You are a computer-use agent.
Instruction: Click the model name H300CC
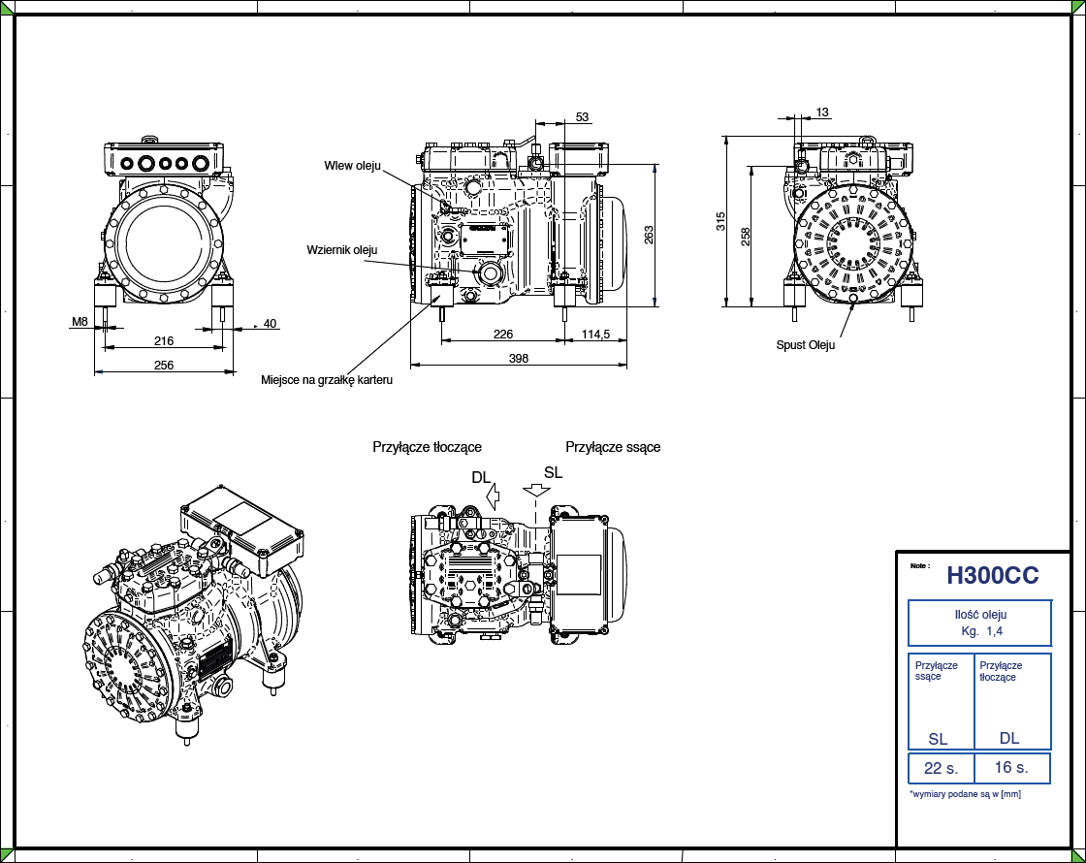click(992, 576)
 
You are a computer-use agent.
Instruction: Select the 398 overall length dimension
click(519, 358)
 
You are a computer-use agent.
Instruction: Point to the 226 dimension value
click(503, 334)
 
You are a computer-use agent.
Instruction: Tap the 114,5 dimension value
click(594, 334)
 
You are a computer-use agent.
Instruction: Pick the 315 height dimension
click(720, 221)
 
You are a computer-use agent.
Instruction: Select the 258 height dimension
click(746, 236)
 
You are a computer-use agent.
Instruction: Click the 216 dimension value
click(164, 340)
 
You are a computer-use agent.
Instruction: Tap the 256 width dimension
click(164, 365)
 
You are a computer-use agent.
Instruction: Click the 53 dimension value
click(582, 117)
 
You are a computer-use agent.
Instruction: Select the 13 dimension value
click(822, 112)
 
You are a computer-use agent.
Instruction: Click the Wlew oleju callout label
click(353, 166)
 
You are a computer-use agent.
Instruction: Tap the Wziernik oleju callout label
click(341, 249)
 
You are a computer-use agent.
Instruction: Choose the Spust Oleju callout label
click(805, 344)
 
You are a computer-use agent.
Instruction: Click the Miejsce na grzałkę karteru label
click(327, 379)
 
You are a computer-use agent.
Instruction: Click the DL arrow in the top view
click(493, 497)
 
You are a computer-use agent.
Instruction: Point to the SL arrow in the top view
click(535, 491)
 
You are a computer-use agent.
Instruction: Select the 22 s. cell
click(941, 768)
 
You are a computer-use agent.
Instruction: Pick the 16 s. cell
click(1010, 767)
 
